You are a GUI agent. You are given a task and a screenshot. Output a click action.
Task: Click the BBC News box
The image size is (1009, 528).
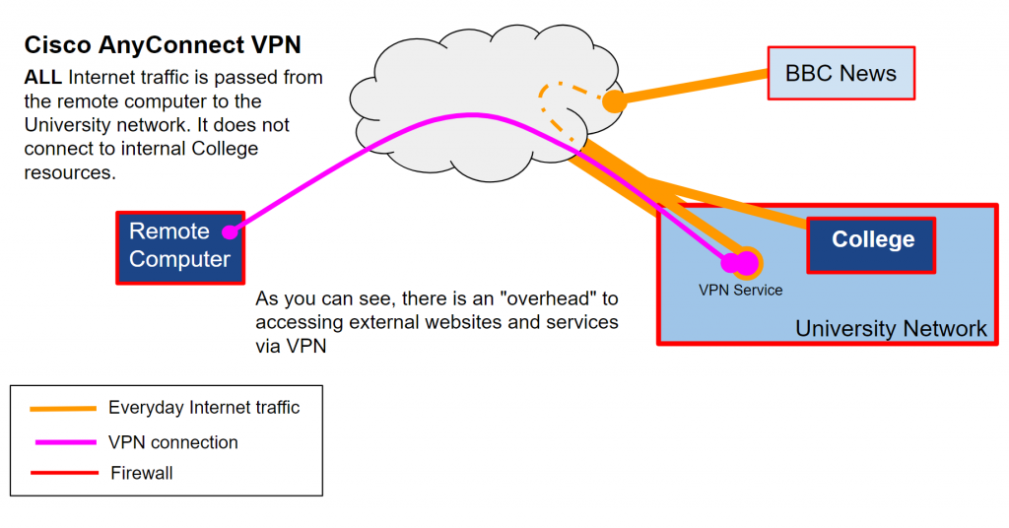pyautogui.click(x=841, y=73)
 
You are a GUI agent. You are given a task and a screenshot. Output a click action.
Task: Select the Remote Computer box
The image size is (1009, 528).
pyautogui.click(x=180, y=246)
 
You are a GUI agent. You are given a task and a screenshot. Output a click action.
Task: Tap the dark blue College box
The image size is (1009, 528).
pyautogui.click(x=871, y=241)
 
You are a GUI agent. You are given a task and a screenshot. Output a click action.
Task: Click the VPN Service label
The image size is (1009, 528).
pyautogui.click(x=740, y=290)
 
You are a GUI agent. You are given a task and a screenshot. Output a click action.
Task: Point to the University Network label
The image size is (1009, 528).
pyautogui.click(x=891, y=328)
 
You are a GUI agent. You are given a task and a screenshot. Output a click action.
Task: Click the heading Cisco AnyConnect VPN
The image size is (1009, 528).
pyautogui.click(x=163, y=45)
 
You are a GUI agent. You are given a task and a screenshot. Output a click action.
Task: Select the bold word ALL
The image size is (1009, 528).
pyautogui.click(x=43, y=77)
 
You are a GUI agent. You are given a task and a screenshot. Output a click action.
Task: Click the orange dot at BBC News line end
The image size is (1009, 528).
pyautogui.click(x=615, y=100)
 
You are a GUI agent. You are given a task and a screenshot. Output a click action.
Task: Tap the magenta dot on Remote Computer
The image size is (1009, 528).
pyautogui.click(x=229, y=232)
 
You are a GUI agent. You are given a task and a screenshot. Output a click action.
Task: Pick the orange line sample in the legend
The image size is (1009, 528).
pyautogui.click(x=63, y=408)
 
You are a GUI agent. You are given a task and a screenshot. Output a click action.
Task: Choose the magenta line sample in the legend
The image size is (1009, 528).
pyautogui.click(x=63, y=441)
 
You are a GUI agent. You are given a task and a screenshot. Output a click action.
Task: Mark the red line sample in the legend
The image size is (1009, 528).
pyautogui.click(x=63, y=473)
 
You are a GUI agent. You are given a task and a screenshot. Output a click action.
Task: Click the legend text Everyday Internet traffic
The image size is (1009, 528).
pyautogui.click(x=204, y=407)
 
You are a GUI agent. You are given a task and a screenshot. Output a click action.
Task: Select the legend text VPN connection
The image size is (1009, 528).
pyautogui.click(x=173, y=442)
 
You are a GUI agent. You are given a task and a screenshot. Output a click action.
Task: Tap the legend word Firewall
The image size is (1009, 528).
pyautogui.click(x=142, y=473)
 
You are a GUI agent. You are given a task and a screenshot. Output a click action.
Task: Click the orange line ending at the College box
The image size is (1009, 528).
pyautogui.click(x=729, y=202)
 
